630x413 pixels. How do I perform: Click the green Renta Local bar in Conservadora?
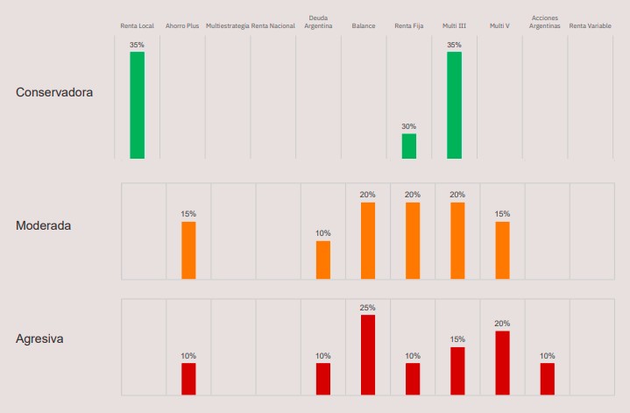tap(137, 105)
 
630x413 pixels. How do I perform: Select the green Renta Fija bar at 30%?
tap(409, 146)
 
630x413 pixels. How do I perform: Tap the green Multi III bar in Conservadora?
tap(454, 105)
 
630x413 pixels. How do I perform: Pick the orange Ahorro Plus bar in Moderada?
tap(188, 250)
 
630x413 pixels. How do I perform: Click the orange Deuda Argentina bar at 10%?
tap(323, 260)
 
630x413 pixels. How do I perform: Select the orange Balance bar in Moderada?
tap(368, 240)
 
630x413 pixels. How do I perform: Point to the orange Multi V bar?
tap(502, 250)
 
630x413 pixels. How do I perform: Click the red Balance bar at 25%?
tap(368, 354)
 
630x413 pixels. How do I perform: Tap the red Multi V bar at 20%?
tap(502, 362)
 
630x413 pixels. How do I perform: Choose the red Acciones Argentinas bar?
tap(548, 378)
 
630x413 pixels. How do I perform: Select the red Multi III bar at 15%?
tap(457, 370)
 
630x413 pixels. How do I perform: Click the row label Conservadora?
tap(54, 92)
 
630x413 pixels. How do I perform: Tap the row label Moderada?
tap(44, 225)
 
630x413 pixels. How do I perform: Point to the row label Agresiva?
tap(39, 338)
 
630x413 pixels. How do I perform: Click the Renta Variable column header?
tap(591, 26)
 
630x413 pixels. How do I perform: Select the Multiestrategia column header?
tap(227, 26)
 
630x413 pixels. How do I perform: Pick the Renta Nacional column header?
tap(273, 26)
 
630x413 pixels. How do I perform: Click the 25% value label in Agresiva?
tap(368, 308)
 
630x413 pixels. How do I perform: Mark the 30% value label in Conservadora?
tap(409, 126)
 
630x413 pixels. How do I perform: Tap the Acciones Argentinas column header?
tap(544, 22)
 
